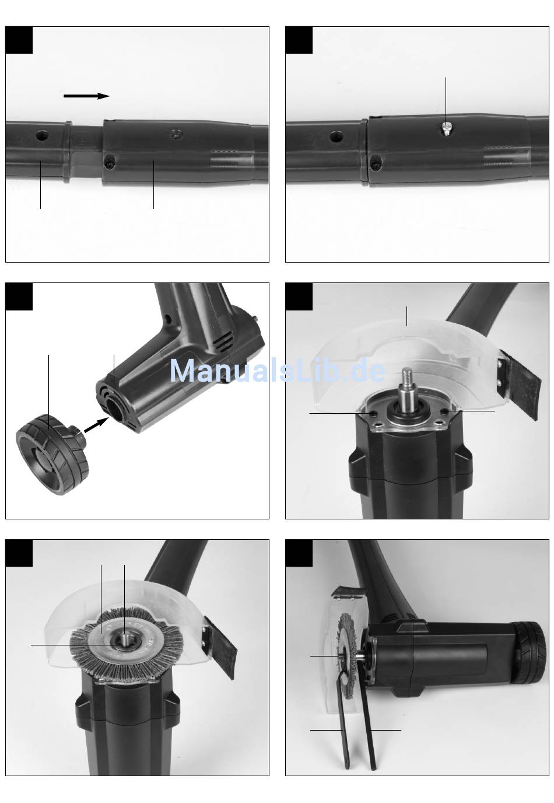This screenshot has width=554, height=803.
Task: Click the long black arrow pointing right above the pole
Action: pyautogui.click(x=86, y=96)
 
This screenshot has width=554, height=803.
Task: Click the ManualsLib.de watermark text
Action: pyautogui.click(x=278, y=371)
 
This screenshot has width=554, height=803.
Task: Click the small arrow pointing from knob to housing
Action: pyautogui.click(x=96, y=425)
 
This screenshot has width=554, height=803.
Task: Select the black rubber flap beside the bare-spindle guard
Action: pyautogui.click(x=523, y=385)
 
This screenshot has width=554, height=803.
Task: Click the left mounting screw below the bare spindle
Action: pyautogui.click(x=373, y=414)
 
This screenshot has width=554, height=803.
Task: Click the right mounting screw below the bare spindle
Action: pyautogui.click(x=445, y=411)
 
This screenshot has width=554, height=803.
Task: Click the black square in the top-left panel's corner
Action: pyautogui.click(x=19, y=40)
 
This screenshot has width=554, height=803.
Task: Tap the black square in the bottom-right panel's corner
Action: pyautogui.click(x=299, y=553)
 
